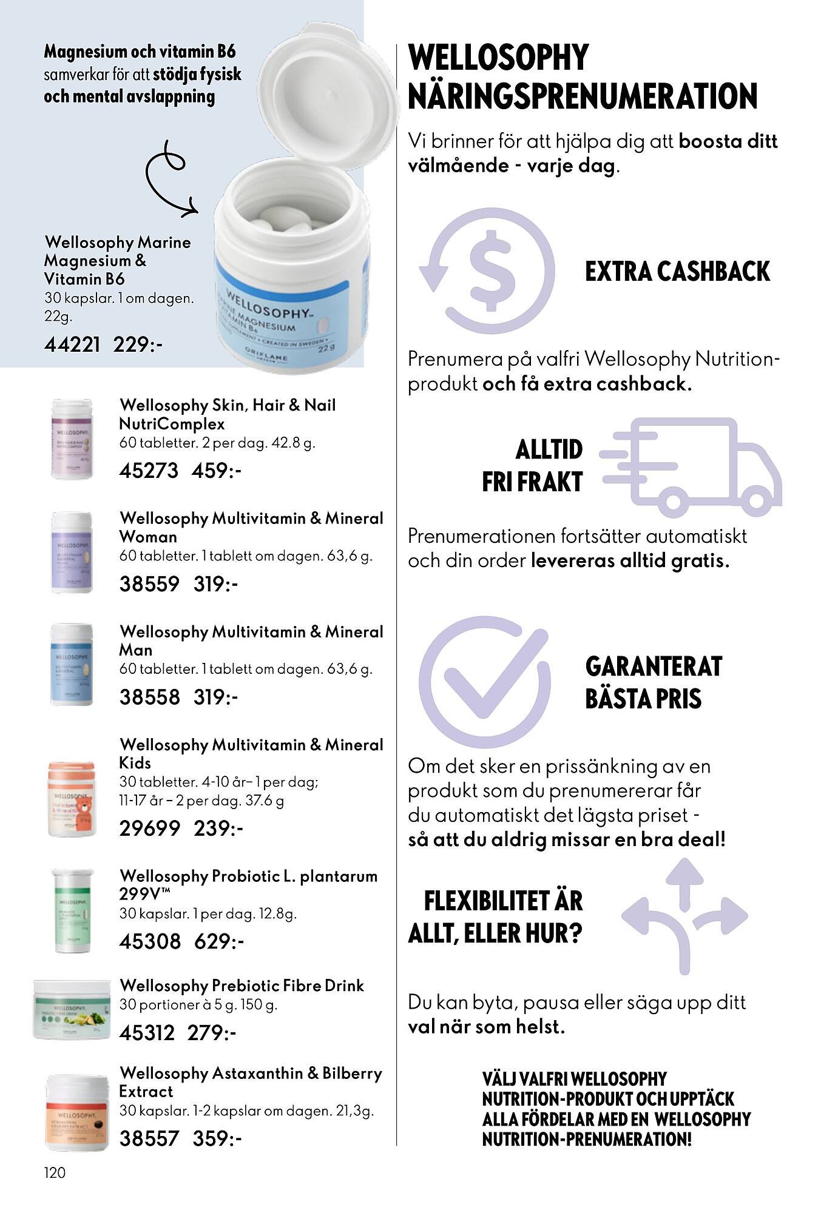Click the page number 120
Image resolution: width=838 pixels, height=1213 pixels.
(55, 1172)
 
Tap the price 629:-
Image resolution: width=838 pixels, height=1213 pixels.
(219, 941)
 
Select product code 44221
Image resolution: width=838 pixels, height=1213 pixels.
(72, 344)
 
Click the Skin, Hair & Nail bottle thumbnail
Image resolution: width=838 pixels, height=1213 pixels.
(72, 438)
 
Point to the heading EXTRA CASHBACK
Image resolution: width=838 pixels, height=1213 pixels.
(677, 271)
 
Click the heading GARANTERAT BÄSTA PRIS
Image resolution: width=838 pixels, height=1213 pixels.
(653, 682)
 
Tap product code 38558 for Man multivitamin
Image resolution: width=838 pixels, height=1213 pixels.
(149, 697)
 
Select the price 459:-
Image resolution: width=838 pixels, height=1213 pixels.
(217, 471)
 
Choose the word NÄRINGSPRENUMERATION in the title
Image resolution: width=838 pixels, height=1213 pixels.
(583, 96)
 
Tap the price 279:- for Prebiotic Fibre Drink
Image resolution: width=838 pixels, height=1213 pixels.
(212, 1032)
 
